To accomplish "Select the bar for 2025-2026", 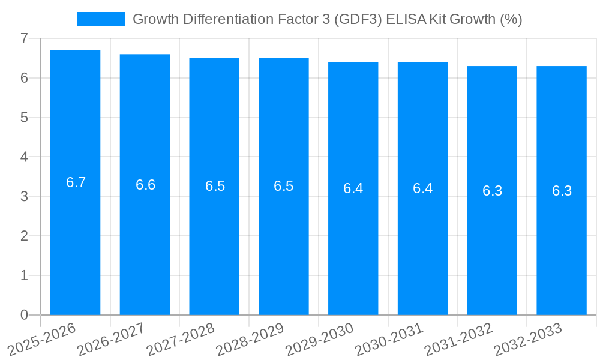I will pos(75,240).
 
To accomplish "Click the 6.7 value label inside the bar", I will pos(76,183).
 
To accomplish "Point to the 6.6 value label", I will pos(145,185).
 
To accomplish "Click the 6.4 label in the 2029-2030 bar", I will pos(353,188).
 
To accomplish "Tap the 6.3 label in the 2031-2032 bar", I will pos(492,191).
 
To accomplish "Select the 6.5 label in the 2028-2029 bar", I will pos(284,186).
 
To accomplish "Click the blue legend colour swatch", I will pos(101,19).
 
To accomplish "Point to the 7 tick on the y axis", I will pos(24,38).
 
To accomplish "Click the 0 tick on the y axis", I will pos(24,315).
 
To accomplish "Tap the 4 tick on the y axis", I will pos(24,157).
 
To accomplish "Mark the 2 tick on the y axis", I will pos(24,236).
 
